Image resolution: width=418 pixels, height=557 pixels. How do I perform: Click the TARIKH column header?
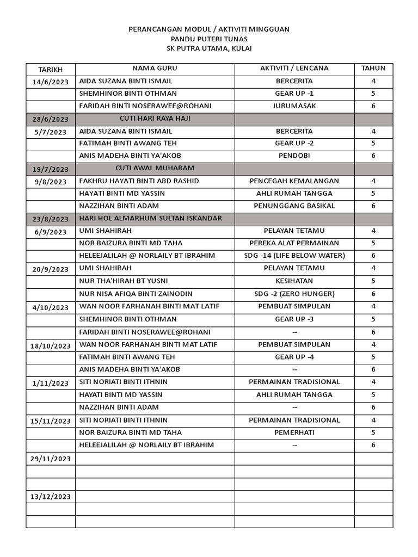point(50,70)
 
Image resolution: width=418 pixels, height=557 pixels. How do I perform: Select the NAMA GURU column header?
point(155,69)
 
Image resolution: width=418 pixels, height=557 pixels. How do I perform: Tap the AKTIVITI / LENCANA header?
point(294,69)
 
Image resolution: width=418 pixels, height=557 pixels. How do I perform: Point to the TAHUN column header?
point(373,69)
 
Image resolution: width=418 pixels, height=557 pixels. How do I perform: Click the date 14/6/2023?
point(50,82)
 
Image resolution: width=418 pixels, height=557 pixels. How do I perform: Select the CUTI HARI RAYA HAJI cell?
point(155,119)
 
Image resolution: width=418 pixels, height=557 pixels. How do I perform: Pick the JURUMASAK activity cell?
point(294,106)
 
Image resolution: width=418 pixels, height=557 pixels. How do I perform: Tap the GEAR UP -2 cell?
point(294,144)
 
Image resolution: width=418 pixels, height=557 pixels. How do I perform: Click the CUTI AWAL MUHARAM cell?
point(155,168)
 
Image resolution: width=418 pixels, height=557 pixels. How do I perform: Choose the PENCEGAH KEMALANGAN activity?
point(294,181)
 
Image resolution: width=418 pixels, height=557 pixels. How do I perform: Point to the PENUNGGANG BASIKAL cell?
point(294,206)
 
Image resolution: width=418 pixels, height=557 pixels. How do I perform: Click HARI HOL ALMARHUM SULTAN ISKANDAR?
point(150,219)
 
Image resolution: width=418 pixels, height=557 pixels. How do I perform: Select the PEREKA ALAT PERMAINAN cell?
point(294,243)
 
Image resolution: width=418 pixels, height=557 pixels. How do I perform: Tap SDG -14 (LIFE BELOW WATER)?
point(294,256)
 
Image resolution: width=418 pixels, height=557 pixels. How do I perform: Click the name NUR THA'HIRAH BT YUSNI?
point(124,281)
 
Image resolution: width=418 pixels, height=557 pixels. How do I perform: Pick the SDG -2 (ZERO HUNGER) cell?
point(294,294)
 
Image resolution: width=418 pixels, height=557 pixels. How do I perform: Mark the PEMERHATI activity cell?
point(294,433)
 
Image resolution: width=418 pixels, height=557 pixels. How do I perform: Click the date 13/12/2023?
point(50,497)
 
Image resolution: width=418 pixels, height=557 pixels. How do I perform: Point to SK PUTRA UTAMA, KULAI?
point(209,49)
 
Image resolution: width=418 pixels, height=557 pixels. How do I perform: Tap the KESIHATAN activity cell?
point(294,281)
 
